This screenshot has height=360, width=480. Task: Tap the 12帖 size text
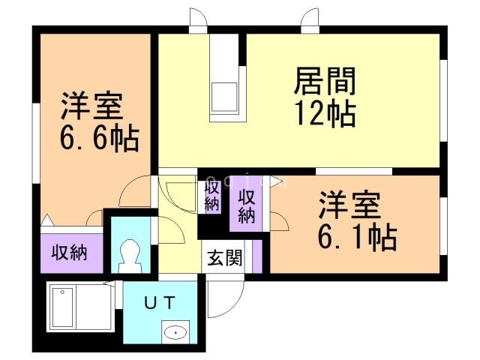click(324, 113)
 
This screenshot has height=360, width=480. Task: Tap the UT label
click(160, 302)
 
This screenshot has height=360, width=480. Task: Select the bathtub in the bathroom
click(74, 306)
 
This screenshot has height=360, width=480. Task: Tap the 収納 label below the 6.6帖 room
click(68, 252)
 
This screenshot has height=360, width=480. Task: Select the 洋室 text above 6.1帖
click(349, 204)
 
